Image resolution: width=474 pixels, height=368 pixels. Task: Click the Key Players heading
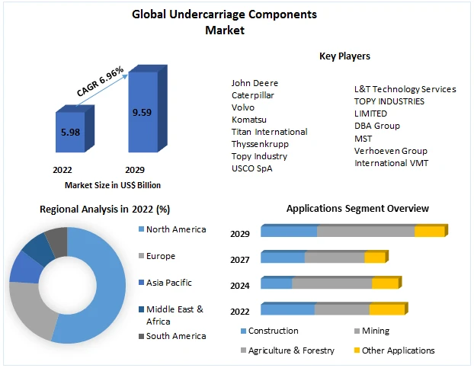tap(345, 56)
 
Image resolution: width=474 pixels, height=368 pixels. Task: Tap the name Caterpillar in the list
tap(253, 95)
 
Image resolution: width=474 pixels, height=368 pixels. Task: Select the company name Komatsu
tap(249, 120)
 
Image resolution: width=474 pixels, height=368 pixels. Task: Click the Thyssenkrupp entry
tap(260, 144)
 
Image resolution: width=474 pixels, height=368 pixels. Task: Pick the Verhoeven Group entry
tap(391, 151)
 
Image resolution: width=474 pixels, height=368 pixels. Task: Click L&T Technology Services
tap(405, 89)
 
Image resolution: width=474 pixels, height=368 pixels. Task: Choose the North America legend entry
tap(175, 229)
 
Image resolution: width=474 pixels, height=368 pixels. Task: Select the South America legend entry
tap(175, 336)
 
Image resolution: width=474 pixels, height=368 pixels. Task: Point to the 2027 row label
tap(240, 260)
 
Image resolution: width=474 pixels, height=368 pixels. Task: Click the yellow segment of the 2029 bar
tap(429, 232)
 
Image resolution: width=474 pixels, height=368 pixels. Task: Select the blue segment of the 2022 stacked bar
tap(287, 309)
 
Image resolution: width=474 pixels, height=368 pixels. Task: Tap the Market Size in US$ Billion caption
tap(112, 185)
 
